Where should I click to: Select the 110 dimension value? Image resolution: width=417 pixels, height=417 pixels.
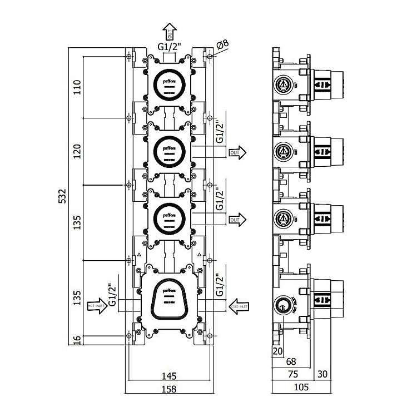tap(77, 87)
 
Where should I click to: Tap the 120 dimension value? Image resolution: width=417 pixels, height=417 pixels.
tap(77, 151)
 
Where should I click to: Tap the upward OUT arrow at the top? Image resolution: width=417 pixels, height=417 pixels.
tap(170, 31)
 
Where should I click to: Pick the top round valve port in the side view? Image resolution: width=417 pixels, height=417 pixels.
tap(282, 85)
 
